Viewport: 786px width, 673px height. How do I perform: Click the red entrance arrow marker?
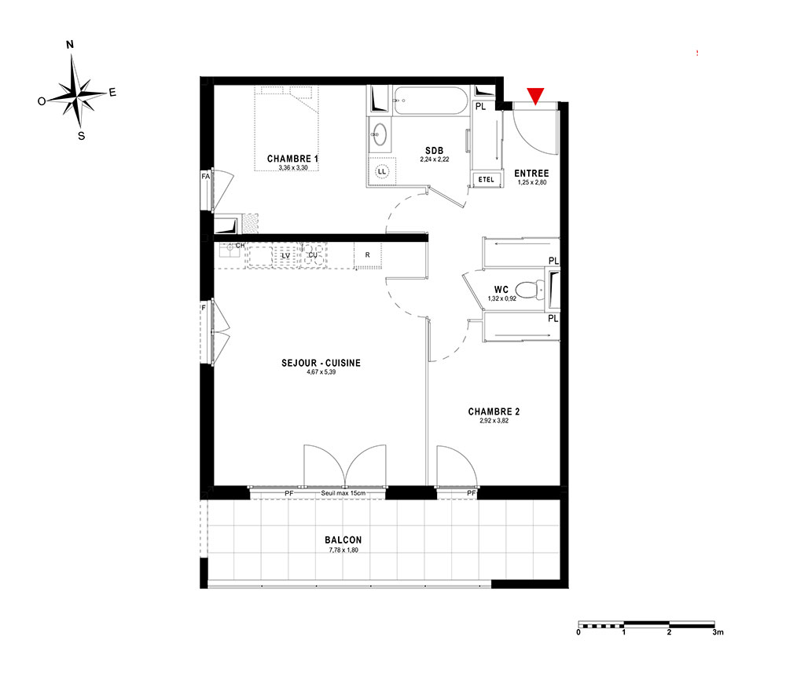pos(535,96)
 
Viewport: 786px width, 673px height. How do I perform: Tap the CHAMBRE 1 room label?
pos(292,159)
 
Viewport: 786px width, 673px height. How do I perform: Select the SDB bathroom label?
pos(434,151)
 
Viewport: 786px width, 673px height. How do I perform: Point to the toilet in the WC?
pos(530,290)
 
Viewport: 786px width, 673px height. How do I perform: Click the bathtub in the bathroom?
pos(431,101)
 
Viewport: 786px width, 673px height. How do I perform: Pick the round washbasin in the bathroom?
pos(380,134)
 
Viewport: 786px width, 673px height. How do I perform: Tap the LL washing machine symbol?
pos(382,172)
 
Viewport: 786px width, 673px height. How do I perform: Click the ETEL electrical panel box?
pos(487,179)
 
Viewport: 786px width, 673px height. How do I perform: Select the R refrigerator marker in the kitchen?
pos(367,255)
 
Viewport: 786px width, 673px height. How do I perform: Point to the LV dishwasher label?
pos(286,256)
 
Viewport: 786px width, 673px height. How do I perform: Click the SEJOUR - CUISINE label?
pos(321,363)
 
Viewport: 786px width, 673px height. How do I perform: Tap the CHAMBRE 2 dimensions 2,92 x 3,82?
pos(494,421)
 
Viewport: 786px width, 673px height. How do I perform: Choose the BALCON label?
pos(343,539)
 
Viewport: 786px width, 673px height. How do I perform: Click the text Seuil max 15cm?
pos(343,493)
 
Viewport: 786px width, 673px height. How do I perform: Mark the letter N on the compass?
pos(70,45)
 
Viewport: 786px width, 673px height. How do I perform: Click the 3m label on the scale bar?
pos(718,632)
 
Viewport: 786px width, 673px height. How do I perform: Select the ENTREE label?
pos(531,174)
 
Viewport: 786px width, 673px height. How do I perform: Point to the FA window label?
pos(205,176)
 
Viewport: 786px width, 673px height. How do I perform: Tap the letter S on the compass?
pos(81,136)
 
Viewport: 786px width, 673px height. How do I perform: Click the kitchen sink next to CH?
pos(230,250)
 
